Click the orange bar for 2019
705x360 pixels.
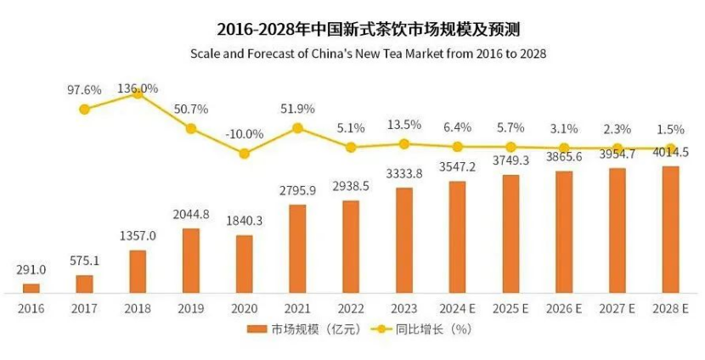tap(191, 261)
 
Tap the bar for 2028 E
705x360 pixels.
tap(670, 229)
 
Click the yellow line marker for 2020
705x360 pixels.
tap(245, 154)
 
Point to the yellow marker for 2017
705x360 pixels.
tap(84, 109)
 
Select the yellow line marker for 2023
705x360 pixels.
tap(404, 144)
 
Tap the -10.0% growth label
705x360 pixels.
tap(244, 133)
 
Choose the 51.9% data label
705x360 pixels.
tap(297, 108)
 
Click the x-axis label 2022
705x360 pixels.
tap(351, 308)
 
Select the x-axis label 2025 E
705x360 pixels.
tap(511, 308)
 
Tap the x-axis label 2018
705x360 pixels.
tap(138, 308)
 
